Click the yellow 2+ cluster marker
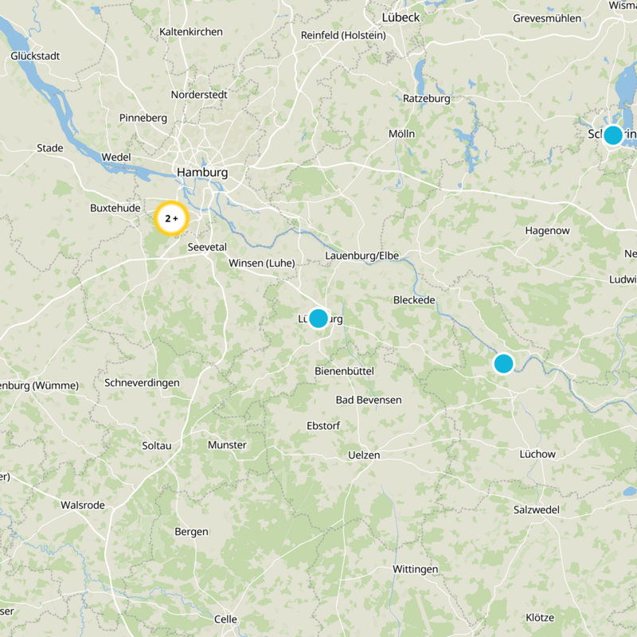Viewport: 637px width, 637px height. tap(171, 218)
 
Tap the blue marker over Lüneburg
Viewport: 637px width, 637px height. tap(318, 318)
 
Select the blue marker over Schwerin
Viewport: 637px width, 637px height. tap(612, 135)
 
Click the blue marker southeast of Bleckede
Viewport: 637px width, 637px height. tap(503, 363)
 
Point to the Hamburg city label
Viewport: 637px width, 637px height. tap(202, 172)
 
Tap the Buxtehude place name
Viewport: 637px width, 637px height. tap(115, 208)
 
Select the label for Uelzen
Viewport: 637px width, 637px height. tap(365, 455)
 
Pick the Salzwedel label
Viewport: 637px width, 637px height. tap(537, 510)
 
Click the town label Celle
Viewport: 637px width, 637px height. tap(225, 619)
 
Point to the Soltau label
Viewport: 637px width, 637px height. tap(156, 445)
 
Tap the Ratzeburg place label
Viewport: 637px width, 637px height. tap(427, 99)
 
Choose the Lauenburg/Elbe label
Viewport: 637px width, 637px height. tap(361, 256)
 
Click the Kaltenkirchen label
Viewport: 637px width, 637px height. tap(191, 32)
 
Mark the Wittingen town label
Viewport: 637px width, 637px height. tap(416, 569)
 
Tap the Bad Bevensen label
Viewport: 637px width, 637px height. tap(369, 400)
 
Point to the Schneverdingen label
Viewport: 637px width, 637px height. tap(142, 382)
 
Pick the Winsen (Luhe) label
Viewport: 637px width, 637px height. tap(261, 263)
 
